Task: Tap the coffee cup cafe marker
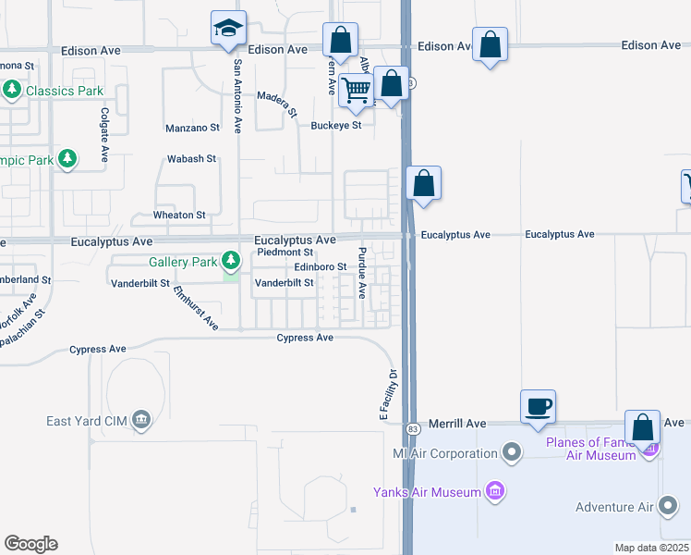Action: click(x=539, y=405)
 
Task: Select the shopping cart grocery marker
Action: click(x=356, y=90)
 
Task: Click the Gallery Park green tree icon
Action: click(x=231, y=262)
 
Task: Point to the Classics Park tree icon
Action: click(x=13, y=91)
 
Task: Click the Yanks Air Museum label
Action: click(x=427, y=492)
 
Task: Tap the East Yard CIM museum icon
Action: click(x=141, y=422)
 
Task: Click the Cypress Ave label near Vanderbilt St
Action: click(x=305, y=338)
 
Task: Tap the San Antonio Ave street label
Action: click(x=237, y=96)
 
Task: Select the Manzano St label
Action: click(x=192, y=128)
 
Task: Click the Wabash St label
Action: click(x=191, y=159)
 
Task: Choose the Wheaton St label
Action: click(x=179, y=215)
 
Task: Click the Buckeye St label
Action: click(x=335, y=125)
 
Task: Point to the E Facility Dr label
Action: click(x=389, y=395)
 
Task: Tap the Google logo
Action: click(x=30, y=544)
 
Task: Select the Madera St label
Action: click(x=277, y=103)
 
